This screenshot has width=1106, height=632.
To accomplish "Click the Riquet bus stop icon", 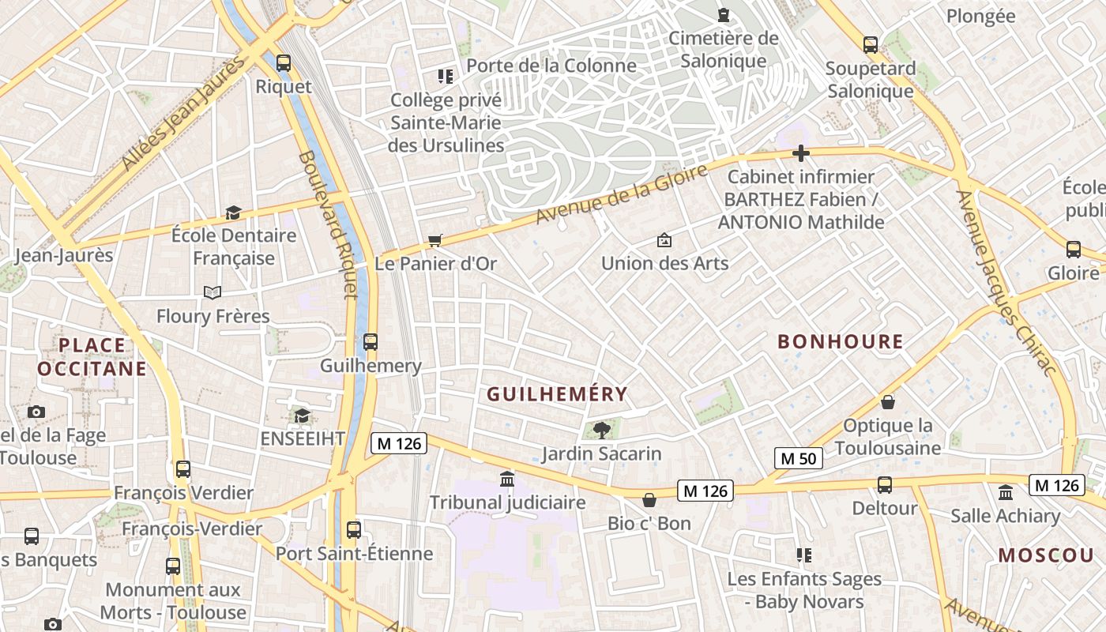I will point(284,62).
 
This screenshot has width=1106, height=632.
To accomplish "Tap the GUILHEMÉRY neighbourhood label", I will point(557,393).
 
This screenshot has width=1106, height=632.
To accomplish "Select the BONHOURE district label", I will point(841,341).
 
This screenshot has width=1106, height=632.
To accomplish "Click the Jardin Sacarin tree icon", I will point(602,430).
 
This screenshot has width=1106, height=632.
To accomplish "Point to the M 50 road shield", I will point(798,458).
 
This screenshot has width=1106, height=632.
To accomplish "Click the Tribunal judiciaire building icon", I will point(507,479).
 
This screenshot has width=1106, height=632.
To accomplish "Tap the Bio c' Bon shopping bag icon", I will point(649,500).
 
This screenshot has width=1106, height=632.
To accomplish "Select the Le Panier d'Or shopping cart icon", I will point(434,240).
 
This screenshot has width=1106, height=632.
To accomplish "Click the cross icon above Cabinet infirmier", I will point(801,153).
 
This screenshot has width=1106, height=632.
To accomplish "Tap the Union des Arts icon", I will point(664,240).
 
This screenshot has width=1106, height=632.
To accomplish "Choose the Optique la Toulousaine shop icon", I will point(888,402).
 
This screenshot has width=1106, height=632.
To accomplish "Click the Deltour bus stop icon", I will point(885,484).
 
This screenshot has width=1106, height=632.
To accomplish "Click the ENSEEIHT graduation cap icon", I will point(302,416).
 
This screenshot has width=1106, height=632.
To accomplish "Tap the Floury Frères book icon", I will point(213,293).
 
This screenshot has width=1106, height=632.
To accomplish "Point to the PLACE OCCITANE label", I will point(92,356).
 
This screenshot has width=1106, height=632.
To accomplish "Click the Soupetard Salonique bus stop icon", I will point(871,45).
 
